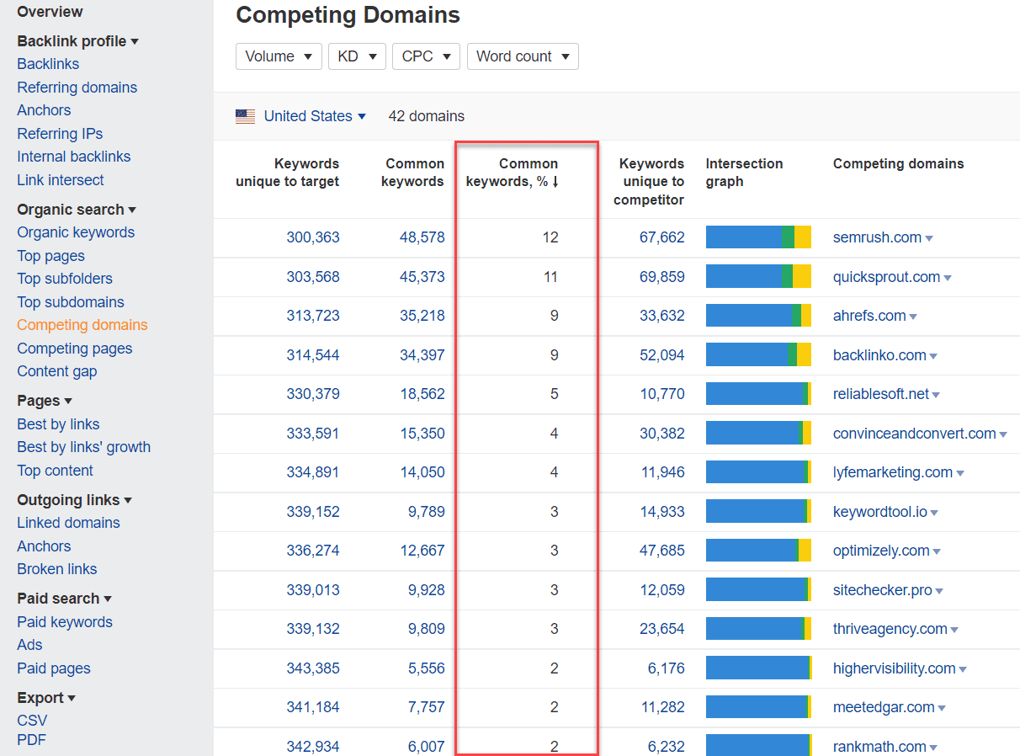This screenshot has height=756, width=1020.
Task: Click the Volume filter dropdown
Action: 278,56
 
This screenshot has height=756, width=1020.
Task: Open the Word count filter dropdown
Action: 522,56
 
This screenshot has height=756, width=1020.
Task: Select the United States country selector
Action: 314,116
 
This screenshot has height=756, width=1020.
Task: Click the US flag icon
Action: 245,117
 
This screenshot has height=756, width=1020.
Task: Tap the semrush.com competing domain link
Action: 877,237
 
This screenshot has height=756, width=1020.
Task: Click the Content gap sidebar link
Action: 56,371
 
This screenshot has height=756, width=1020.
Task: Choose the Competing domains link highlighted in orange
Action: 82,325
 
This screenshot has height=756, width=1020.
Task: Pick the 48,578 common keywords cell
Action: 422,237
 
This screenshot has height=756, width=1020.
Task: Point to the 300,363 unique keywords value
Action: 313,237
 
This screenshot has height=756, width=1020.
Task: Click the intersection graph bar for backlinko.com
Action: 758,355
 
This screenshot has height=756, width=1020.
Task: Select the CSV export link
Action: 32,721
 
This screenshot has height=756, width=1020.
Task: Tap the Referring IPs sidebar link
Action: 60,134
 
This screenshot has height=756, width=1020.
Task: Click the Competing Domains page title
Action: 348,15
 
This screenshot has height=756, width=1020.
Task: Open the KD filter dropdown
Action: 357,56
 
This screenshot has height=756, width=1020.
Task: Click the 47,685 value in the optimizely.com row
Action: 662,551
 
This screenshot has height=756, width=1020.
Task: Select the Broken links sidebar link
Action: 56,569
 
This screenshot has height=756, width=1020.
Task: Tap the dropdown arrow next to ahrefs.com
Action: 913,317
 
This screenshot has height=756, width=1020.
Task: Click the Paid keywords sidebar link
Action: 65,622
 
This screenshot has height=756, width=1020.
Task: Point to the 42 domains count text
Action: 426,116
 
